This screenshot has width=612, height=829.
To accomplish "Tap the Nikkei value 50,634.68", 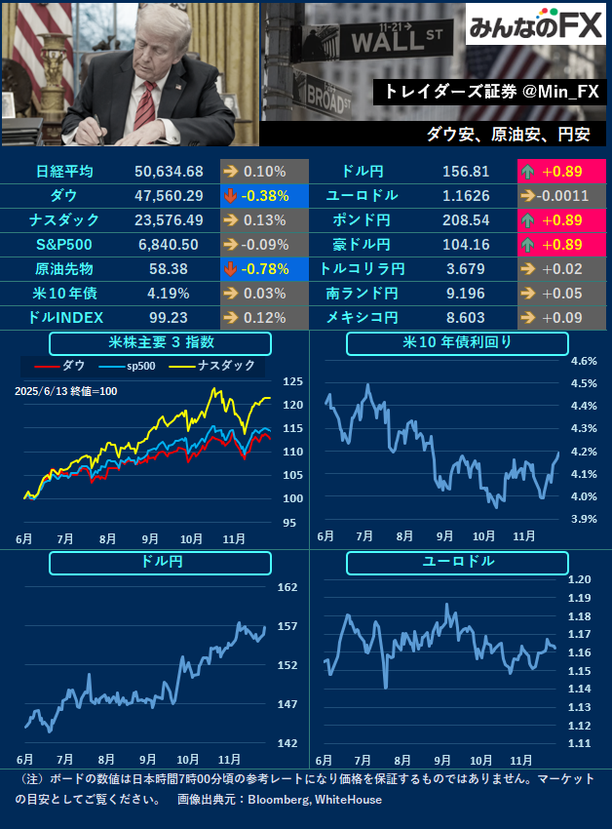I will [169, 172].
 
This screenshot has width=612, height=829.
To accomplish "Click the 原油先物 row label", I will [64, 268].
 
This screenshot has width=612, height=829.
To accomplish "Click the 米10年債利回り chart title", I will [457, 343].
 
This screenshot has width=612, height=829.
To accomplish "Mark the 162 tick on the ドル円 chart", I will [287, 587].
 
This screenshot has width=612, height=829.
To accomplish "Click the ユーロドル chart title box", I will [457, 563].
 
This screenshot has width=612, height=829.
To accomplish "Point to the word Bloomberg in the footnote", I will [280, 800].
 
